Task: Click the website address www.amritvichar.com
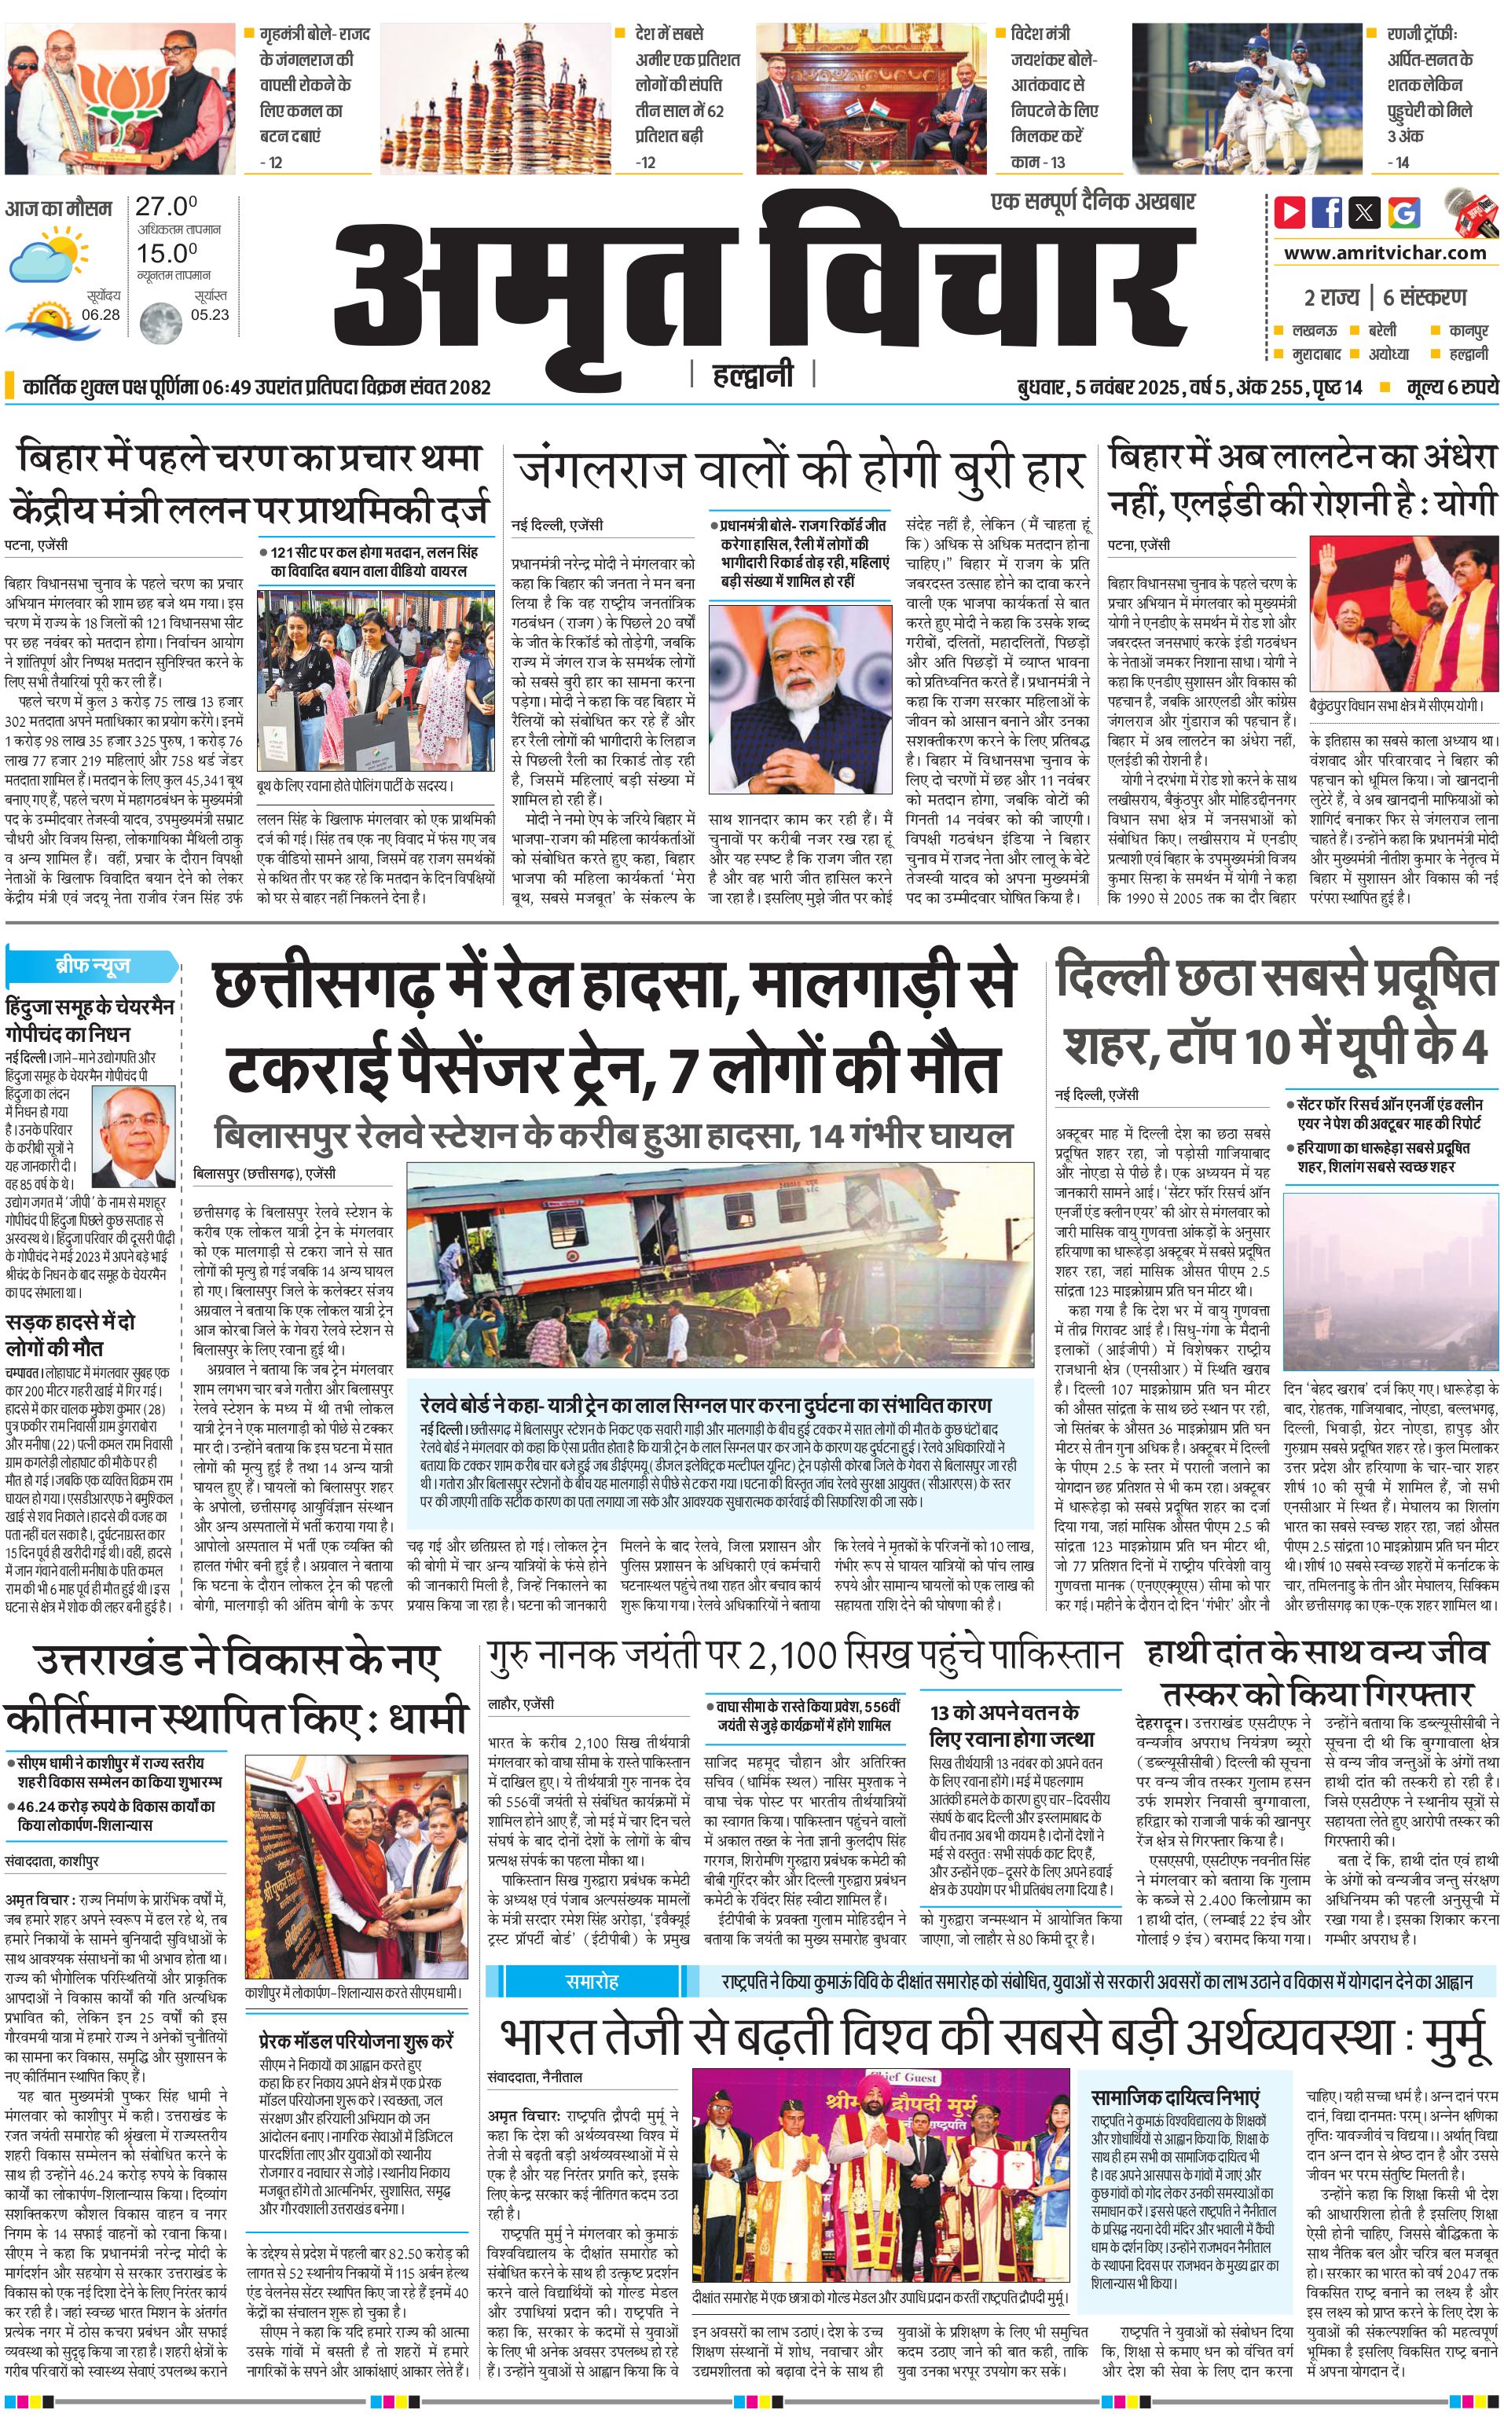(1385, 253)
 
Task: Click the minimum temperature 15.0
(166, 253)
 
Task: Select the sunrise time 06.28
(101, 314)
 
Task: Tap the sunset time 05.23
(209, 314)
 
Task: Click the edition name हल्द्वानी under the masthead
(753, 374)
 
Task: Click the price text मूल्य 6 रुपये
(1452, 387)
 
